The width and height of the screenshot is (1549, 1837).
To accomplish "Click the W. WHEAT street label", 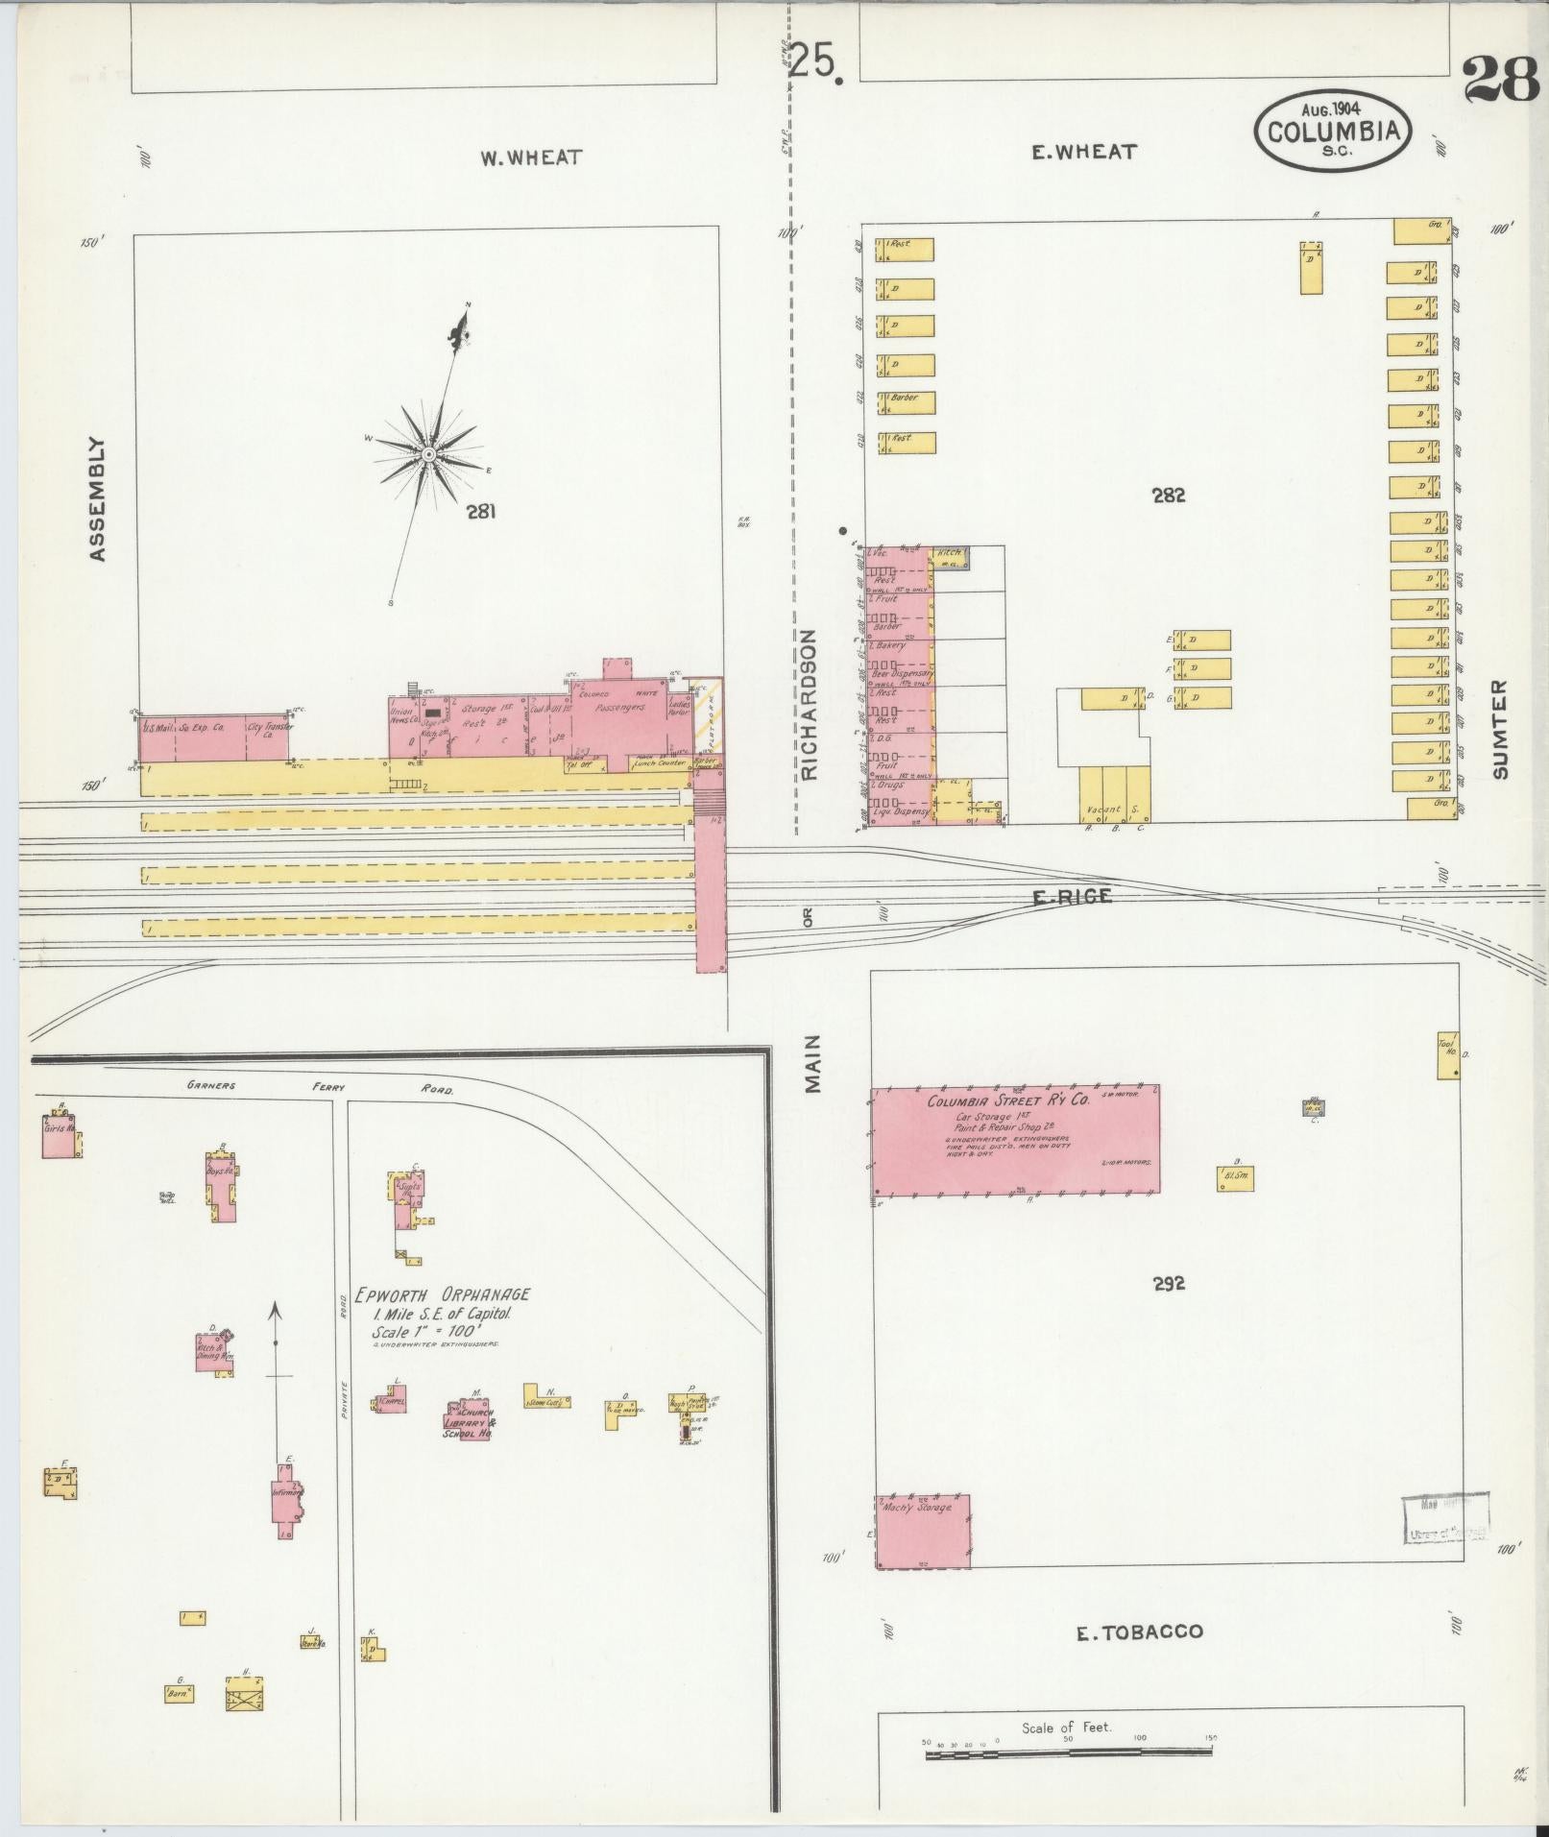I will (x=531, y=157).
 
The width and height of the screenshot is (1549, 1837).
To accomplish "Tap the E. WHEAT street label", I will (x=1083, y=152).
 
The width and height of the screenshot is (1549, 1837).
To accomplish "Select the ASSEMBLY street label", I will (x=96, y=499).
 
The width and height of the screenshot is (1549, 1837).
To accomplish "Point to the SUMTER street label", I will (x=1501, y=729).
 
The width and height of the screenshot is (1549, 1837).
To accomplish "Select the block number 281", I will (x=481, y=512).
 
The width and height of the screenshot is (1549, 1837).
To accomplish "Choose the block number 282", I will (x=1168, y=496).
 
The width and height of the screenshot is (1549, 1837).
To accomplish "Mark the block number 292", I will (x=1169, y=1282).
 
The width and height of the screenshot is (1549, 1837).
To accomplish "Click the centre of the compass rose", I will (x=428, y=453).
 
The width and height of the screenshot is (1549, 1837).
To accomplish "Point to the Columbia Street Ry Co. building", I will (x=1015, y=1139).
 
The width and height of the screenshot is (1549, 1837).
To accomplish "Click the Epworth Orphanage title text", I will (x=443, y=1293).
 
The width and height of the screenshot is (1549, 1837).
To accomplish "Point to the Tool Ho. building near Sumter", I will (x=1448, y=1054).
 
